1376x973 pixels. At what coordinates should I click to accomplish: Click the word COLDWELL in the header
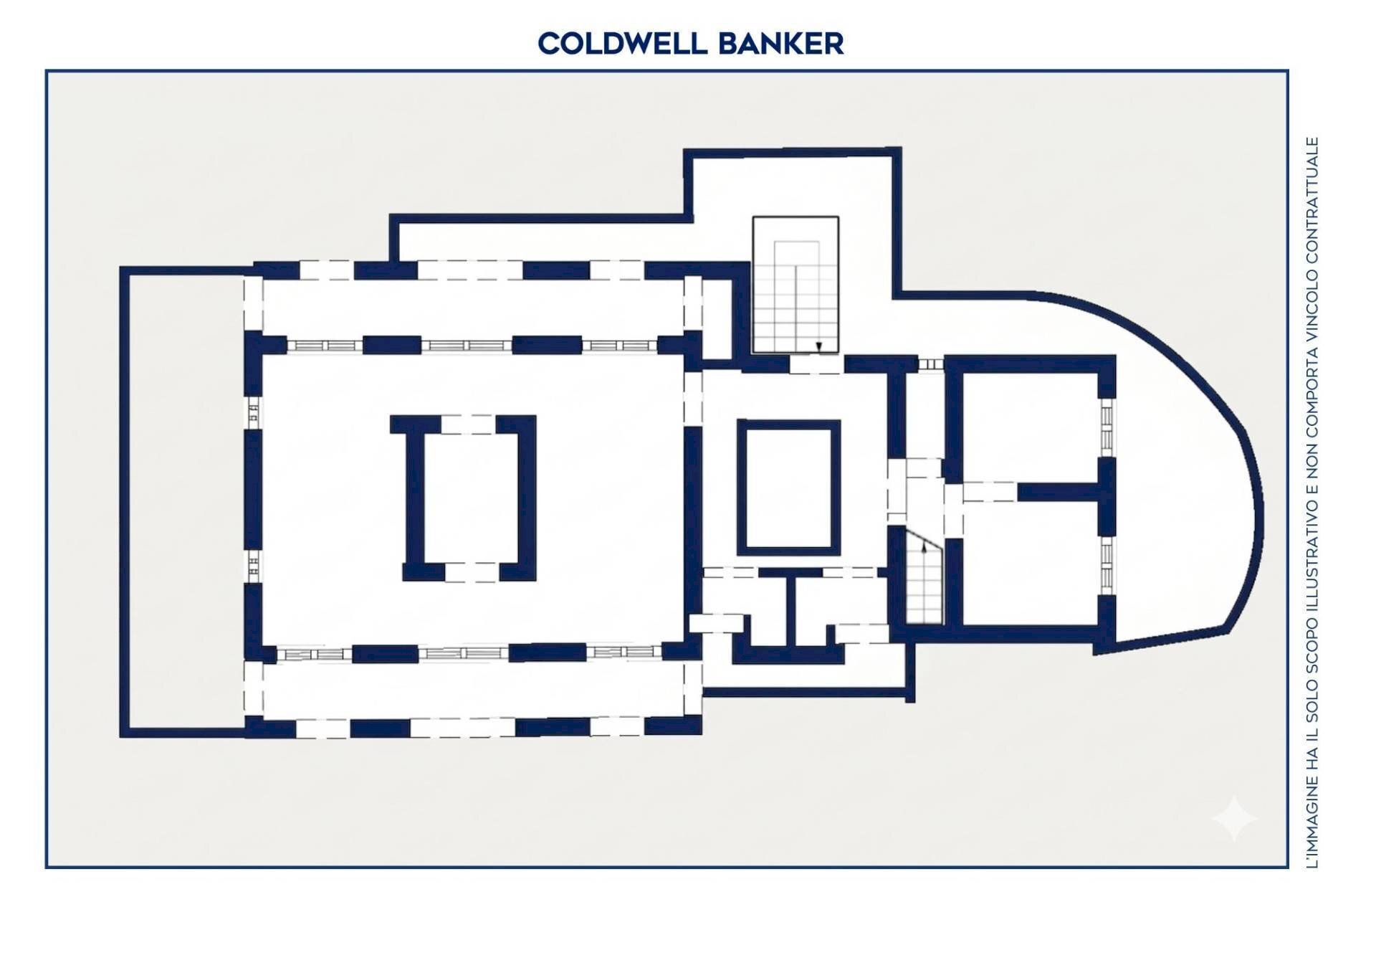point(621,44)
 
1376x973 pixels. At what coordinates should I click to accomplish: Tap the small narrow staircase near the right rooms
point(924,576)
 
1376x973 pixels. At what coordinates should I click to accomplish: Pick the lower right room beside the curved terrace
point(1030,563)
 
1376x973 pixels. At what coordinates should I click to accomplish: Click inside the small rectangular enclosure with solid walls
point(788,488)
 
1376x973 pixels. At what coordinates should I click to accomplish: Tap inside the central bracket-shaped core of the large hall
point(470,498)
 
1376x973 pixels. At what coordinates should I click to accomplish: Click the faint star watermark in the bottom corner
point(1234,818)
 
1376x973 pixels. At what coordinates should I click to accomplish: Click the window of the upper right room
point(1107,427)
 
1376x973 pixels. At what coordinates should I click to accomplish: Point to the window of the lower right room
point(1107,565)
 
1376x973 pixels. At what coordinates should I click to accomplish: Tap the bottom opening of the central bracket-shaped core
point(472,572)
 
